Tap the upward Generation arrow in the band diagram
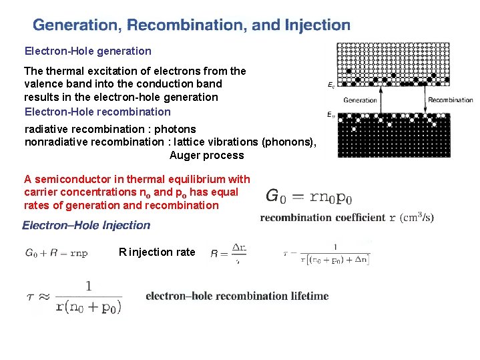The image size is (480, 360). pos(381,100)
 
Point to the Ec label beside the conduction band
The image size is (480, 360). pos(332,85)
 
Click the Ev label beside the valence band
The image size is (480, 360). pos(332,115)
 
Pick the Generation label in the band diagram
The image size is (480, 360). pos(361,101)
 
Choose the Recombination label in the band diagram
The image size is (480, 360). pos(451,101)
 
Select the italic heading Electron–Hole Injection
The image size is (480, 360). pos(86,225)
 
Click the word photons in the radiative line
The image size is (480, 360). pos(175,129)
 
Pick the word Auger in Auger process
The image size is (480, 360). pos(185,156)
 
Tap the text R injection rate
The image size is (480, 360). pos(157,252)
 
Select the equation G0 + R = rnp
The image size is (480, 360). pos(56,253)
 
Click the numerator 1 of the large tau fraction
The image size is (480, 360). pos(88,285)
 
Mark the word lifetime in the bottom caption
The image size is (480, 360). pos(308,296)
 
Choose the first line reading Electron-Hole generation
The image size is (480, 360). pos(88,51)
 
